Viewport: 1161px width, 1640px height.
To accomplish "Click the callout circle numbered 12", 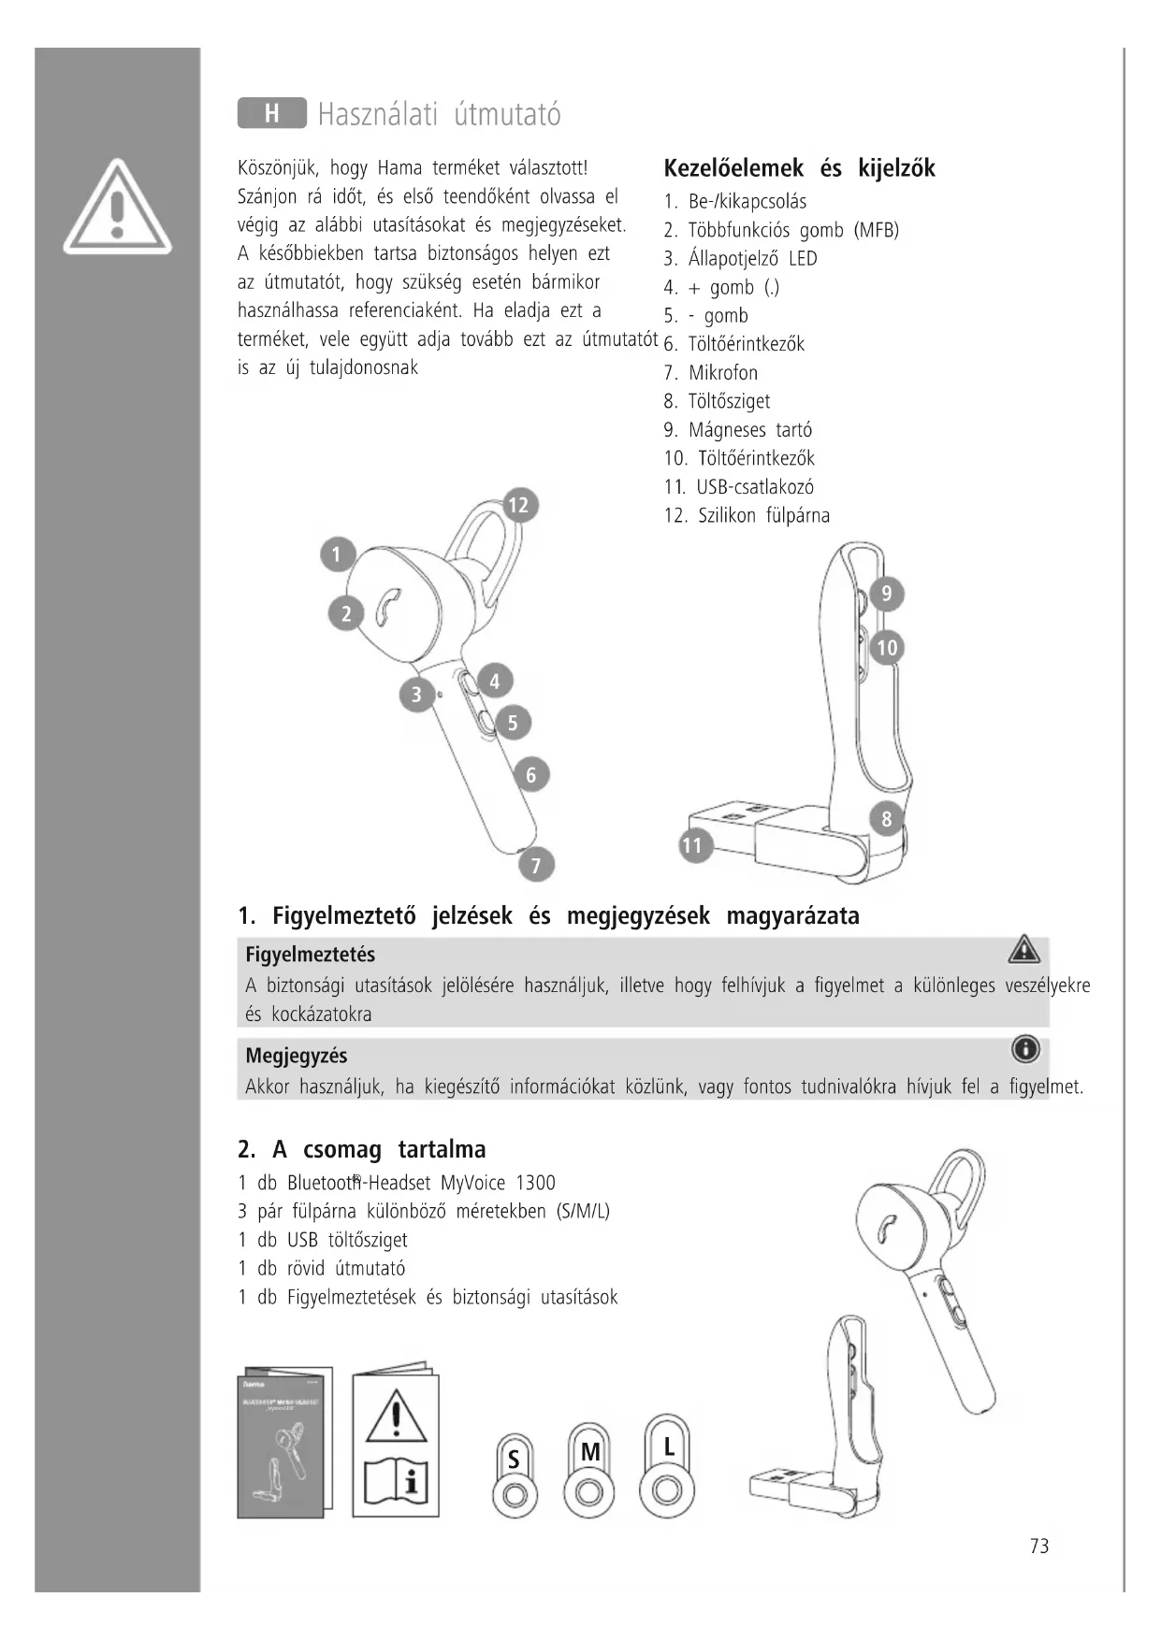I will (x=518, y=506).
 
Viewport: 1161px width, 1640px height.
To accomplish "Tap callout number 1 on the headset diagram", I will (x=338, y=554).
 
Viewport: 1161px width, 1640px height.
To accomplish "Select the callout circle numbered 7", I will (x=536, y=865).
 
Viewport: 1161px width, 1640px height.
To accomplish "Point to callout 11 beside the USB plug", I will (x=692, y=846).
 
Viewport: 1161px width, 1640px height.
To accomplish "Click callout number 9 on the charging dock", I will (x=887, y=594).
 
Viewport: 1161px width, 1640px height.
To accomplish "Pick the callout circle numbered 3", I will (x=416, y=695).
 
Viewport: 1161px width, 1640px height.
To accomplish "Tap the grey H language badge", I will (x=271, y=113).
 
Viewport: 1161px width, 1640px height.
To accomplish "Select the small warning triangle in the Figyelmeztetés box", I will (x=1024, y=950).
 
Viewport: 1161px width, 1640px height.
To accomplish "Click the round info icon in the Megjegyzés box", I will (x=1025, y=1050).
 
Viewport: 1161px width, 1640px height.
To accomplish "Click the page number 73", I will (x=1039, y=1546).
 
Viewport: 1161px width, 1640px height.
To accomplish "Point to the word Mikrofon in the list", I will (x=723, y=373).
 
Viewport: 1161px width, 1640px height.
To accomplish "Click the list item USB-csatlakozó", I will (x=754, y=487).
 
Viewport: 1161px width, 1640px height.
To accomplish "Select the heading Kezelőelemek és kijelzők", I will (x=799, y=169).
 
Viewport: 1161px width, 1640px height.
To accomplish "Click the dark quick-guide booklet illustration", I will (x=284, y=1443).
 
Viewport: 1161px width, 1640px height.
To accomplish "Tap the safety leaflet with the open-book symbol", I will (x=396, y=1441).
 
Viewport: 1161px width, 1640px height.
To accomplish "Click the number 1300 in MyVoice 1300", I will (x=535, y=1183).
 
